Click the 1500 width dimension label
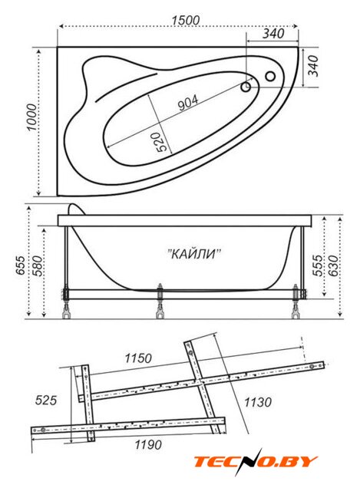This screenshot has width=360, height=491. click(186, 20)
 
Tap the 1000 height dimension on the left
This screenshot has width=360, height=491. click(32, 117)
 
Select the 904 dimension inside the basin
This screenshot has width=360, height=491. click(188, 103)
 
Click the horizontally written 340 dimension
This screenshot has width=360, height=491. click(273, 33)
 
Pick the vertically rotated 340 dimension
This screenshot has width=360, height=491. click(313, 66)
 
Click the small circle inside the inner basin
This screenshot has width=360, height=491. click(246, 87)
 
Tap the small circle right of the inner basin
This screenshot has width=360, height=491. click(270, 76)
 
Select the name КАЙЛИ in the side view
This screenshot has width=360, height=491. click(194, 253)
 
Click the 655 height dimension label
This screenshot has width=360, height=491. click(21, 265)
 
